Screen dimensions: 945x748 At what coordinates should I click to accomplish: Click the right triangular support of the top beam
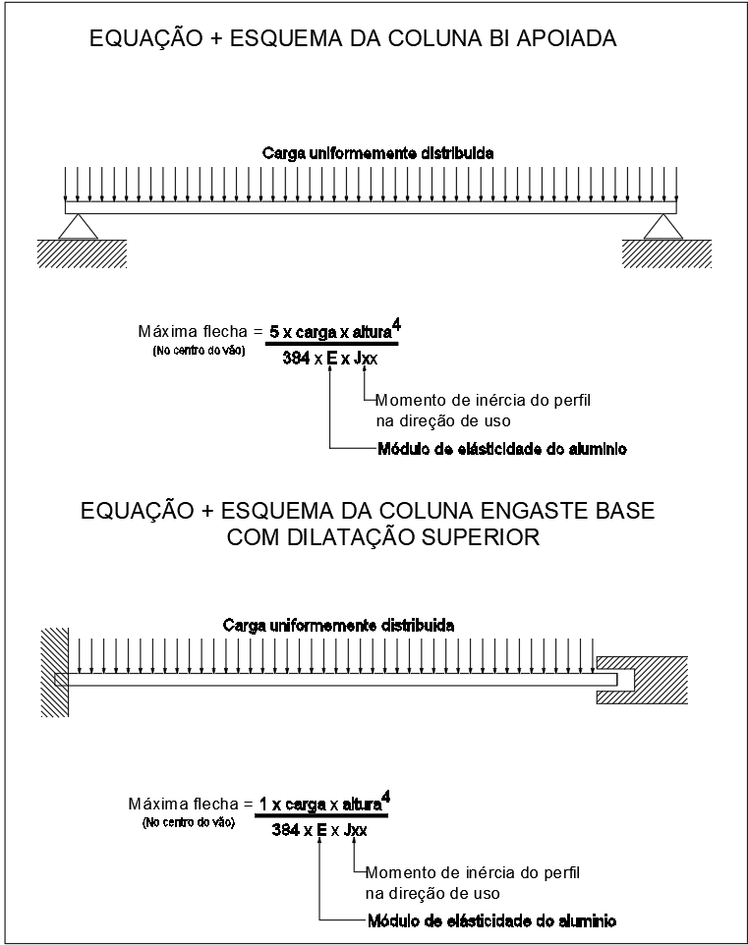pos(662,227)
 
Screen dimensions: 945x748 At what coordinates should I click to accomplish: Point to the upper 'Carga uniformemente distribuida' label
pos(377,154)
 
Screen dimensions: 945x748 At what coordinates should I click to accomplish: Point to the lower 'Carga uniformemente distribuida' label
pos(338,625)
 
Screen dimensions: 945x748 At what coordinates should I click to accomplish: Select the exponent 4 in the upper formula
pos(395,323)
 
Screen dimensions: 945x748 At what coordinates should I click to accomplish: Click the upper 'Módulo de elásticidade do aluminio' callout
pos(502,450)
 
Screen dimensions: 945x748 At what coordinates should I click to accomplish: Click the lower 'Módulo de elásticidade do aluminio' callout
pos(491,921)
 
